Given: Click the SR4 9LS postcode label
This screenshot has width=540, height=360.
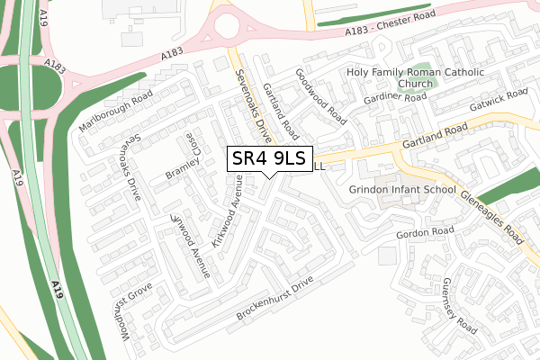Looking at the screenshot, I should [x=270, y=158].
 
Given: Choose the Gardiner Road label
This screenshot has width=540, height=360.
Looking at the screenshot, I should [x=395, y=99].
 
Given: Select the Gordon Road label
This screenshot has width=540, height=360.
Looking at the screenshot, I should [x=423, y=233].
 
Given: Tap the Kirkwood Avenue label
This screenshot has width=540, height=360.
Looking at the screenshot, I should [x=227, y=208].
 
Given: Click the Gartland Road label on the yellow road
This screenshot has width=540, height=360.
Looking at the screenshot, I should [x=435, y=136].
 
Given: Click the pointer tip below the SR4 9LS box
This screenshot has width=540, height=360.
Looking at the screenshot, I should [x=270, y=177].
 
